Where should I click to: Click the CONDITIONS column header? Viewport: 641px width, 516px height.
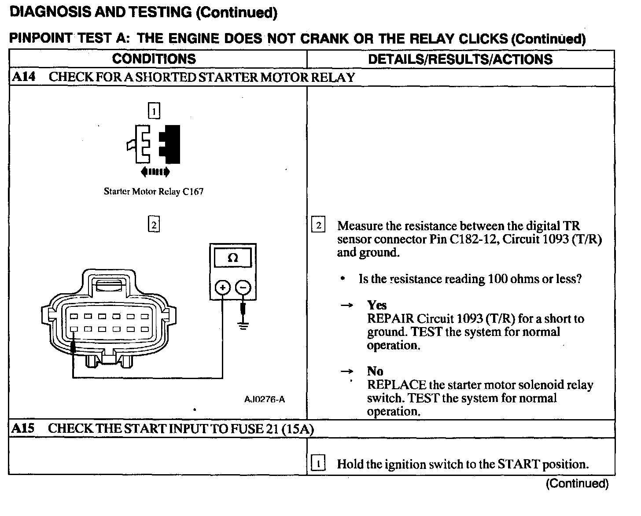click(154, 59)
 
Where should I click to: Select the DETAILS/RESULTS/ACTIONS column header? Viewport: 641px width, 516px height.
click(460, 59)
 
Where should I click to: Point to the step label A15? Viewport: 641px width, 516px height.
click(23, 428)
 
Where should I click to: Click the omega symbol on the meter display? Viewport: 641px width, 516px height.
click(233, 258)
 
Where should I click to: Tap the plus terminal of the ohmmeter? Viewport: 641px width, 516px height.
click(223, 288)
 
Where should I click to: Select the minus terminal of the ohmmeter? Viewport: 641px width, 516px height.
click(243, 288)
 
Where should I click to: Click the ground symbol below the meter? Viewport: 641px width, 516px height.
click(243, 326)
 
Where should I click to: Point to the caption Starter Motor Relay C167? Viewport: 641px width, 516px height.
click(154, 192)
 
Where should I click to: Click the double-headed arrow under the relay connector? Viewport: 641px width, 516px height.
click(155, 172)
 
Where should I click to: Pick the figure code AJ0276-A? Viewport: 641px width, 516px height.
click(265, 399)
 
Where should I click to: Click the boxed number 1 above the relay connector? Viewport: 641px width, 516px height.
click(154, 111)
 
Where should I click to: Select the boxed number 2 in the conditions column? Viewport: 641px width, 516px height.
click(154, 225)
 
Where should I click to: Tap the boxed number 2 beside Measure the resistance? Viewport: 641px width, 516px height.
click(318, 226)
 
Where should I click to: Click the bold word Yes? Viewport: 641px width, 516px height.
click(377, 305)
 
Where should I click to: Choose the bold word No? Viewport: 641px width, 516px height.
click(375, 371)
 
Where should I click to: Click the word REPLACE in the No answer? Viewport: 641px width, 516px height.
click(397, 385)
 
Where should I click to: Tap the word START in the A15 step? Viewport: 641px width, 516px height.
click(518, 464)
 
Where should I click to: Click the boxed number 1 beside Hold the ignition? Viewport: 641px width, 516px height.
click(318, 464)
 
